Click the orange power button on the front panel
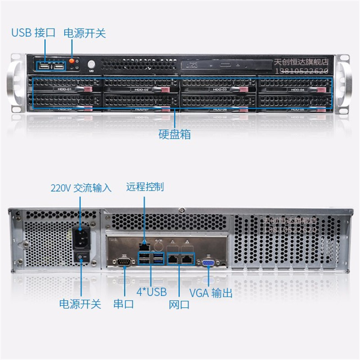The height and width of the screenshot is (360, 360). click(72, 60)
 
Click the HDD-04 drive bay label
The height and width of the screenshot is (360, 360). click(297, 90)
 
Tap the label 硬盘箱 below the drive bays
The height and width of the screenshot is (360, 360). click(175, 135)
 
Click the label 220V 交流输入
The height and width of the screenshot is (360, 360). click(81, 188)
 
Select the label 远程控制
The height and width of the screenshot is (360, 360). click(145, 187)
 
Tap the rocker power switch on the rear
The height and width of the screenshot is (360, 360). click(81, 257)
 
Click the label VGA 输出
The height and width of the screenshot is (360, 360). click(211, 293)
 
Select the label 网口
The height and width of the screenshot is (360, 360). click(179, 305)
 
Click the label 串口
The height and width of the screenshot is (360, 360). click(123, 304)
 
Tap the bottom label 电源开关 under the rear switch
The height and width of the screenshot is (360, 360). click(81, 304)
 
